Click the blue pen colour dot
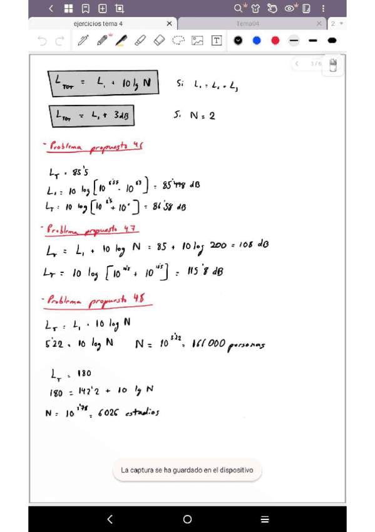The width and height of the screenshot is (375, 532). [257, 41]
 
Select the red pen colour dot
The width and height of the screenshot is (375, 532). [275, 41]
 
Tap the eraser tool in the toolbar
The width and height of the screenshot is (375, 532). [159, 41]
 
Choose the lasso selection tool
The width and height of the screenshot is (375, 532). [178, 41]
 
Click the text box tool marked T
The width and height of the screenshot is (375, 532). [217, 41]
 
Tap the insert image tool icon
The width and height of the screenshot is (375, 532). [197, 41]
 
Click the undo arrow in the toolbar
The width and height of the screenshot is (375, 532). [42, 41]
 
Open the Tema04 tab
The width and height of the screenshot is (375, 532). [248, 24]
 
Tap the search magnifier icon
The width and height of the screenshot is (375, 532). [239, 8]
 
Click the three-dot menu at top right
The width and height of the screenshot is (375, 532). [323, 8]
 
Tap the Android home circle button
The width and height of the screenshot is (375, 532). [187, 519]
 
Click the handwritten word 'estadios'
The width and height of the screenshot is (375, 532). [143, 413]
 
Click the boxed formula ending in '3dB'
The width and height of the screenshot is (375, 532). [91, 115]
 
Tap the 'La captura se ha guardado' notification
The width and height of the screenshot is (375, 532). [187, 470]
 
